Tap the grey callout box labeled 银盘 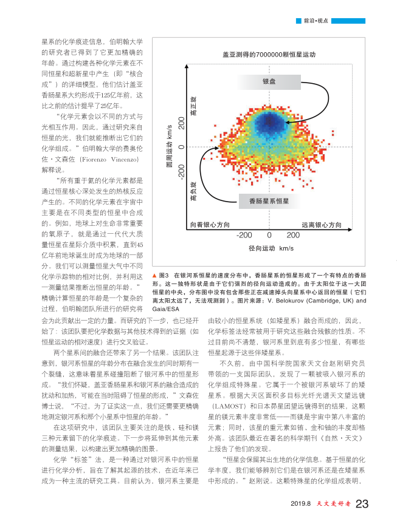click(269, 82)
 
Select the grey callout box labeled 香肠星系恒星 click(269, 200)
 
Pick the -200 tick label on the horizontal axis click(244, 235)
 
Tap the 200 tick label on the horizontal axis click(292, 235)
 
